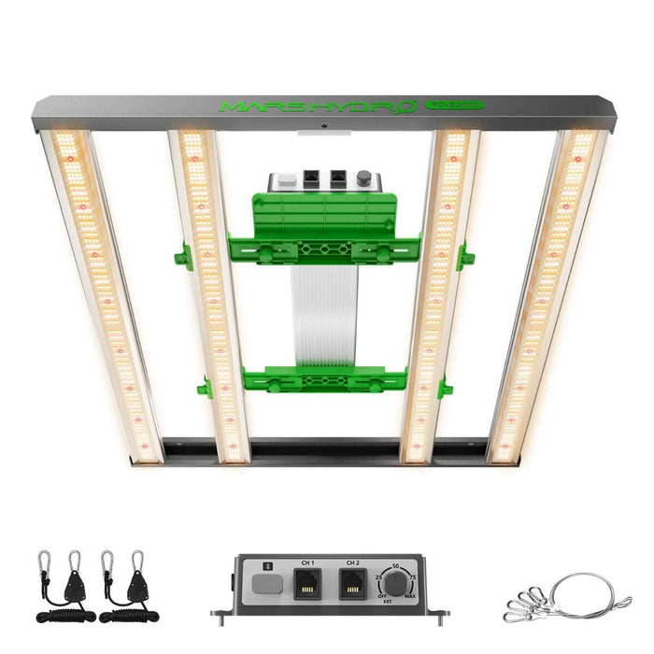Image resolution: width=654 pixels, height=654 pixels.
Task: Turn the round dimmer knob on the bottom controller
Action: click(x=396, y=585)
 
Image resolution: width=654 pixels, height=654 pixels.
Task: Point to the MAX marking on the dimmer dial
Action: click(x=411, y=596)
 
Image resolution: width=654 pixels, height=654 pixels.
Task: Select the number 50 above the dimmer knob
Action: click(x=395, y=566)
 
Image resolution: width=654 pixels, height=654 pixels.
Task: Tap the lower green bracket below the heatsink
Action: click(x=323, y=379)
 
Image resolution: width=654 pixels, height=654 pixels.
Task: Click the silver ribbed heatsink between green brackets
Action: click(x=323, y=318)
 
